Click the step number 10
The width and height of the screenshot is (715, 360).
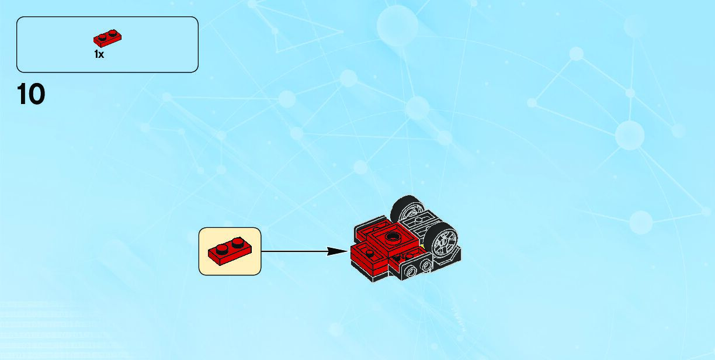pos(31,94)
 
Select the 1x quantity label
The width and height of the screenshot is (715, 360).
pos(99,54)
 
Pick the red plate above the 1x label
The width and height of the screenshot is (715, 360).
pos(107,39)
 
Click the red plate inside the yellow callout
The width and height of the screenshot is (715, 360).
pos(230,251)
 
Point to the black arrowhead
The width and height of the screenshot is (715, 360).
pos(337,251)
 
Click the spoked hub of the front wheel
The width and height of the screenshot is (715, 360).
pos(445,240)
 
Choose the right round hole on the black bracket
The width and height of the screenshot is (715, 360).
pos(426,265)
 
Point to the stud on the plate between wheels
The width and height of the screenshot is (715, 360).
pos(422,219)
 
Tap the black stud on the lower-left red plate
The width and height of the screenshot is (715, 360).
pos(370,252)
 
